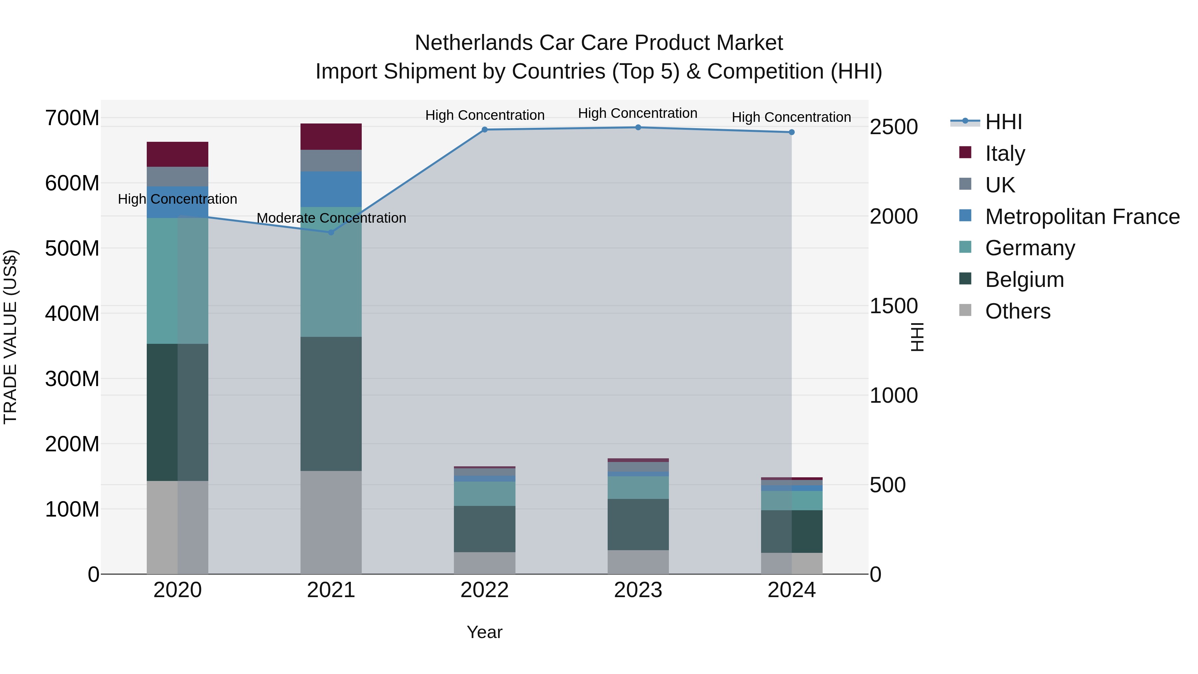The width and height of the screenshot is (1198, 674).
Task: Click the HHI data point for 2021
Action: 331,232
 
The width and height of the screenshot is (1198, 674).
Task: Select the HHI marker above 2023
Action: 638,127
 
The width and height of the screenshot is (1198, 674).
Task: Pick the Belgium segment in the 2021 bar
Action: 331,404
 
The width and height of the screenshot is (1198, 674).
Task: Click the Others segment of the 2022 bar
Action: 485,563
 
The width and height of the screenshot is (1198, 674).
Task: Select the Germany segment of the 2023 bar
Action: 638,488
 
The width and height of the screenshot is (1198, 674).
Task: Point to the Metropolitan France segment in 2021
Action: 331,189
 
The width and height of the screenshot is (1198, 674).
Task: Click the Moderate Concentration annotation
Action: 331,218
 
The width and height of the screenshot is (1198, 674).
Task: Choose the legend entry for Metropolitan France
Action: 1082,217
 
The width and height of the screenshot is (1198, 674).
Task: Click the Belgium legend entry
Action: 1024,280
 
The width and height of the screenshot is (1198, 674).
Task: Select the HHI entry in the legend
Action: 1003,122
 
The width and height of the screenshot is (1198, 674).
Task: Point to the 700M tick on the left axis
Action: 72,118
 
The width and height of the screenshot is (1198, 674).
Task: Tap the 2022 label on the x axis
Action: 485,590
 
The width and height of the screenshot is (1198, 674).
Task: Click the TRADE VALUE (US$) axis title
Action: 11,337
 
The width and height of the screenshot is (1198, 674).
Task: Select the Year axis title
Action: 485,632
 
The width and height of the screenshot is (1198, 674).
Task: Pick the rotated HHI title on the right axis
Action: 916,337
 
